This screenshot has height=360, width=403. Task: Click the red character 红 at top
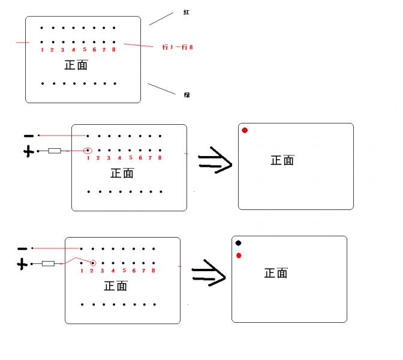pos(187,12)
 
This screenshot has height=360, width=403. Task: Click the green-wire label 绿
pos(187,95)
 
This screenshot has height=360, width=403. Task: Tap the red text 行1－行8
pos(177,47)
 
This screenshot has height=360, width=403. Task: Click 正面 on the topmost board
pos(76,65)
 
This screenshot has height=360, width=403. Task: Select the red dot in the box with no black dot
pos(245,130)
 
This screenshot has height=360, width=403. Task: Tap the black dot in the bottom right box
pos(238,243)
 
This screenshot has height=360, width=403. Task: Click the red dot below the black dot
pos(239,256)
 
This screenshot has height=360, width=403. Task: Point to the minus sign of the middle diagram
pos(28,136)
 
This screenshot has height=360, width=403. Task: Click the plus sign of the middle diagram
pos(28,152)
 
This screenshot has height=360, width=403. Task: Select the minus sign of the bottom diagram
pos(22,248)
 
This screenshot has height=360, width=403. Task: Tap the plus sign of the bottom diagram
pos(22,264)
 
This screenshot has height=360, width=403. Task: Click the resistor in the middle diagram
pos(55,151)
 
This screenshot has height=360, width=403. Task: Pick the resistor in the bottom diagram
pos(48,263)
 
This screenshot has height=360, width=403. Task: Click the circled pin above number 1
pos(88,151)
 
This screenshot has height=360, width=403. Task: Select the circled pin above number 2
pos(92,263)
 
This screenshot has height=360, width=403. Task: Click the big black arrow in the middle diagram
pos(215,160)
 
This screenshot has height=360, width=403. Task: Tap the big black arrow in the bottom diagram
pos(208,273)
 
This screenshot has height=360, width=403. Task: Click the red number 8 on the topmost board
pos(113,50)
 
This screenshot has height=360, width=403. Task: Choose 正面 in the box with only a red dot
pos(282,160)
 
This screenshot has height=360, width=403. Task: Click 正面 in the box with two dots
pos(276,273)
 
